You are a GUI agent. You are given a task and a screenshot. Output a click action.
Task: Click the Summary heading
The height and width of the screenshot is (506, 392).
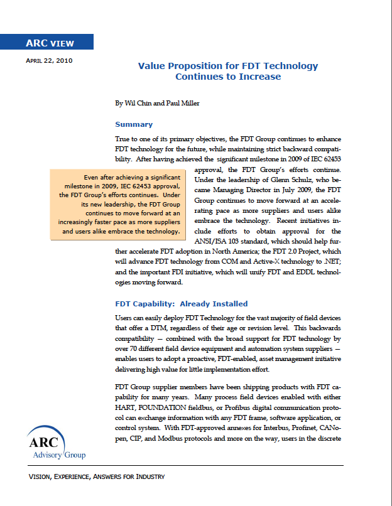[134, 124]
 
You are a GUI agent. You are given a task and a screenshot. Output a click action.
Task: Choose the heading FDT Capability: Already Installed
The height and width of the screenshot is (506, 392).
[181, 304]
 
